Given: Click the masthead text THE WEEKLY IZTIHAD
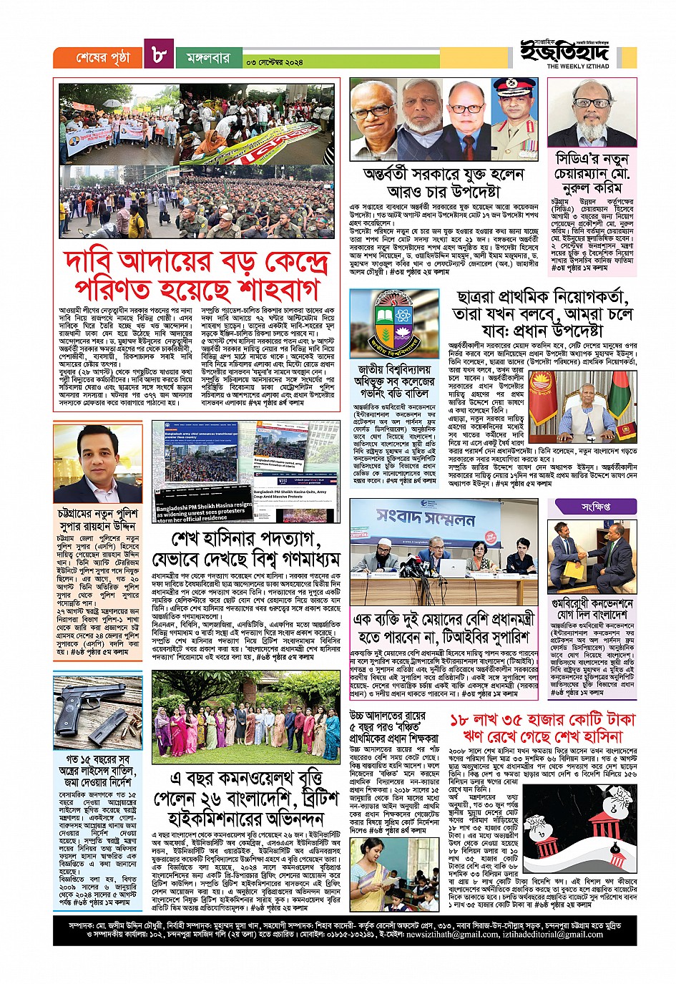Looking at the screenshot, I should [x=578, y=67].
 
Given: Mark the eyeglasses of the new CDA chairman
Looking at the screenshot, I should [x=592, y=104].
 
